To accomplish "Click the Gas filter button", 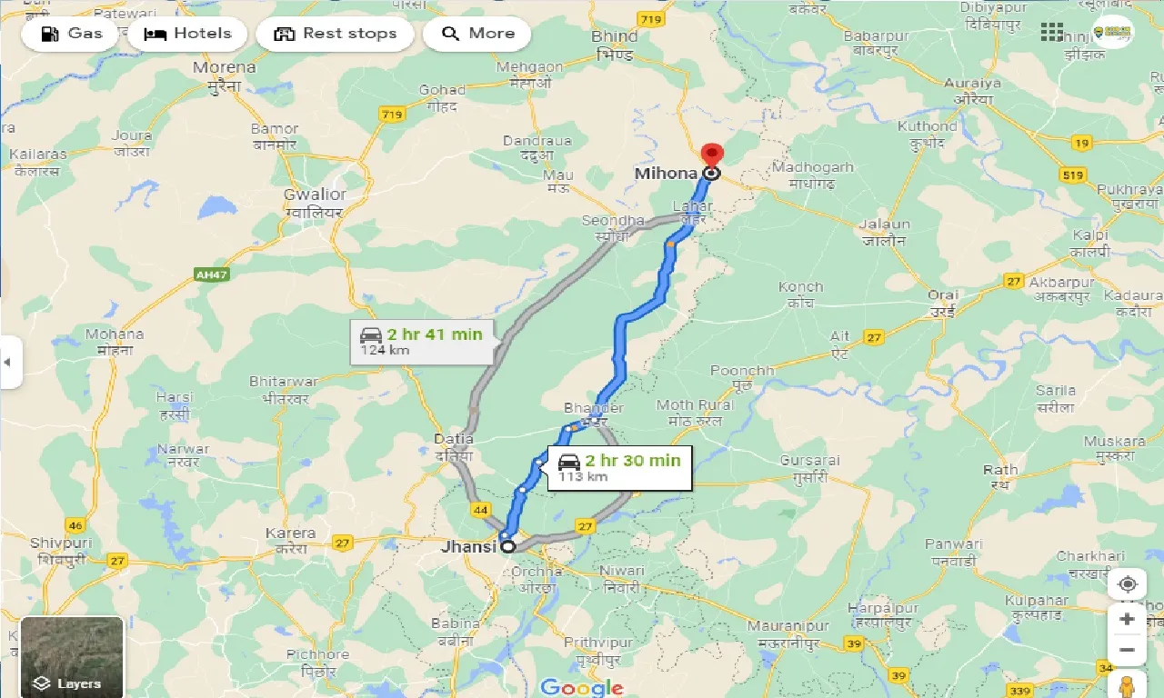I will point(72,35).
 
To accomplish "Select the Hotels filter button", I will point(188,35).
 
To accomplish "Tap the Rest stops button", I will point(335,35).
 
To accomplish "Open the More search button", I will point(479,35).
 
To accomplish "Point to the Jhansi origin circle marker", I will point(507,547).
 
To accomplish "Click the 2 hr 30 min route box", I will point(619,467).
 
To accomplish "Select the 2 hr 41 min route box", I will point(422,341).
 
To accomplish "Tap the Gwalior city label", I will point(315,194).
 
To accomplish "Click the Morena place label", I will point(226,67).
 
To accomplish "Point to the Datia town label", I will point(453,439).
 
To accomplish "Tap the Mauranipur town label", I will point(788,626).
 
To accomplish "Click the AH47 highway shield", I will point(211,274).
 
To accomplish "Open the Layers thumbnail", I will point(72,656).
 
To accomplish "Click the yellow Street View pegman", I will point(1128,684).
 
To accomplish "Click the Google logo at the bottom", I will point(582,687).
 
